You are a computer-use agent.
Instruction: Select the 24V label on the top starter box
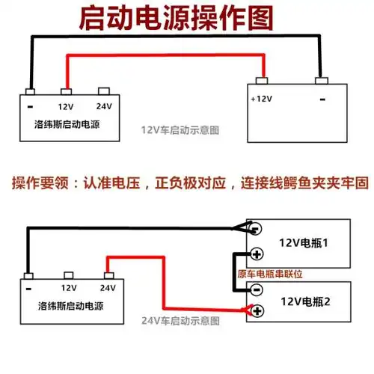pyautogui.click(x=104, y=107)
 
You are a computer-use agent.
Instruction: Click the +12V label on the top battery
pyautogui.click(x=263, y=99)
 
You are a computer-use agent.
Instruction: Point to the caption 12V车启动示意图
pyautogui.click(x=180, y=129)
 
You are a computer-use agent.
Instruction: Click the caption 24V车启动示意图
pyautogui.click(x=180, y=321)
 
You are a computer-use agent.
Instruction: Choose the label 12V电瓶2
pyautogui.click(x=304, y=301)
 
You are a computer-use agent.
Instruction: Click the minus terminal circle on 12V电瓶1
pyautogui.click(x=255, y=229)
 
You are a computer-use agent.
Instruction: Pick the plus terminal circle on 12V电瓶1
pyautogui.click(x=255, y=254)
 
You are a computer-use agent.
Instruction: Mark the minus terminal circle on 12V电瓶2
pyautogui.click(x=256, y=289)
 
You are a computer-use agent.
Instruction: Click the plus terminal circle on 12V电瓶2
pyautogui.click(x=256, y=310)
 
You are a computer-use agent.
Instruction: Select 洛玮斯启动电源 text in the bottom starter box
pyautogui.click(x=70, y=307)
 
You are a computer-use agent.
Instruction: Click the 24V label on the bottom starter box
pyautogui.click(x=107, y=287)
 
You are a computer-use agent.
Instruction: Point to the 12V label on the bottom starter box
pyautogui.click(x=69, y=287)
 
